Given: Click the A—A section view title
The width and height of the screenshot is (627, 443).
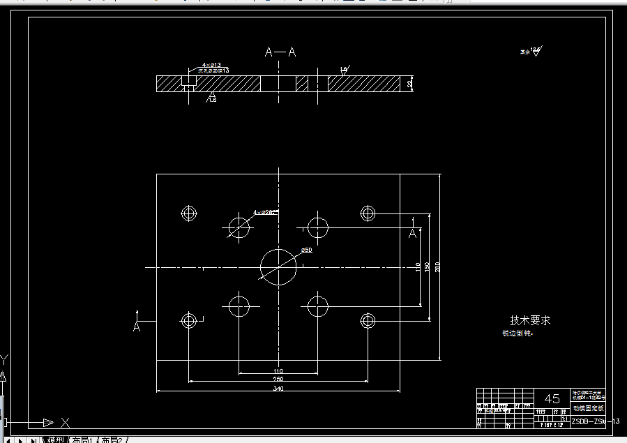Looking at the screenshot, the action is click(280, 52).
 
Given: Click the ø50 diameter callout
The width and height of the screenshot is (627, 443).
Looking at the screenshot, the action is click(306, 250).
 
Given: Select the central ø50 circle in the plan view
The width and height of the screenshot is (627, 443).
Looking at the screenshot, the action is click(278, 266).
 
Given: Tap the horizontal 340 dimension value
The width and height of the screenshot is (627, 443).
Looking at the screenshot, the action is click(278, 388).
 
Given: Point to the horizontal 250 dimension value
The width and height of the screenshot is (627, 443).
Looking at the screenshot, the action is click(278, 379).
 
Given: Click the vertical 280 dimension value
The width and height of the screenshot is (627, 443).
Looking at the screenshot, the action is click(437, 267).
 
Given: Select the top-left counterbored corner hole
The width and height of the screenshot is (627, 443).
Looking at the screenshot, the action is click(188, 213).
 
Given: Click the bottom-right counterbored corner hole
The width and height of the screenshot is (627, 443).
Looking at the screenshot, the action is click(368, 321).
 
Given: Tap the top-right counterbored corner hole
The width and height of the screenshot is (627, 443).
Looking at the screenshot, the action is click(368, 213).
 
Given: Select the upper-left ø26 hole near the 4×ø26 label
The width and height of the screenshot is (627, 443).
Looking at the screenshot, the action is click(239, 227).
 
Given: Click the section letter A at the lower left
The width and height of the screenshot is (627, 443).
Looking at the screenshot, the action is click(137, 326).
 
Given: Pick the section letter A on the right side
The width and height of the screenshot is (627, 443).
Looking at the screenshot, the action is click(413, 234).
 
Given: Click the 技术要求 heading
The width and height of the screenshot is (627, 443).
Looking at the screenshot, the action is click(530, 320).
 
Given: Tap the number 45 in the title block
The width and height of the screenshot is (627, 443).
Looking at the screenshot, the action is click(552, 399).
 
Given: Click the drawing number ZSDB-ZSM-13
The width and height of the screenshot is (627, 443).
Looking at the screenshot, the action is click(595, 421).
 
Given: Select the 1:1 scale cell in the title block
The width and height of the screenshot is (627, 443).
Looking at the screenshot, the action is click(564, 419).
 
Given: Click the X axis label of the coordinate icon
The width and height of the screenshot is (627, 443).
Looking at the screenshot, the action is click(66, 422).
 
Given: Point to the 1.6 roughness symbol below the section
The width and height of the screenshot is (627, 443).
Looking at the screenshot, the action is click(212, 99).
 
